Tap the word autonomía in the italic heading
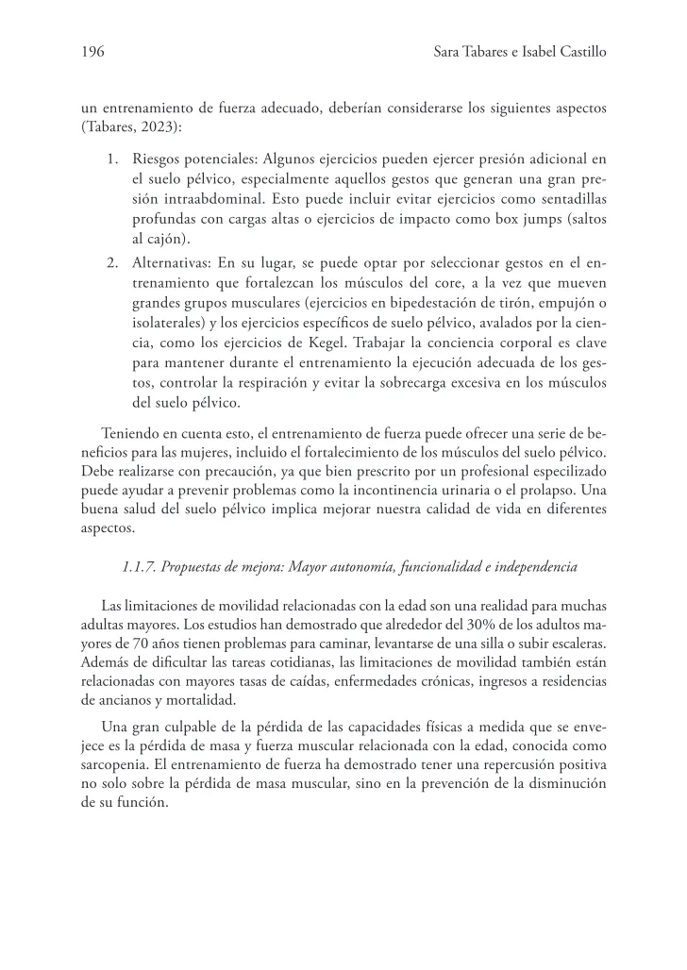coord(377,566)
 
